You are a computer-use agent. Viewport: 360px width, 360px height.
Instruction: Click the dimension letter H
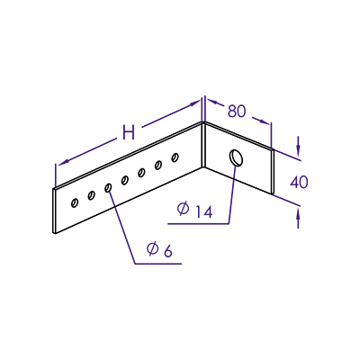[129, 132]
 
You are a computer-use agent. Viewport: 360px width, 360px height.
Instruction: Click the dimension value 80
[237, 112]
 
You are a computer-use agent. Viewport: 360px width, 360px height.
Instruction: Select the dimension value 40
[299, 183]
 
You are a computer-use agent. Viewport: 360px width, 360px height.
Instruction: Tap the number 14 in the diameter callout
[204, 211]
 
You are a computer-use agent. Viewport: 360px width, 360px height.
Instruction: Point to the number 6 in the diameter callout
[168, 251]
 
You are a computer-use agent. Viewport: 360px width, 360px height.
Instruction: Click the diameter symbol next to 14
[183, 209]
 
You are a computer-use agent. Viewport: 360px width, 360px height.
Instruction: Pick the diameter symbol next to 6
[152, 248]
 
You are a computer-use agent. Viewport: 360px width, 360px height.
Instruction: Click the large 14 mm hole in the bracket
[237, 157]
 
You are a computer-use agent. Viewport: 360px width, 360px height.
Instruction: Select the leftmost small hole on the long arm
[74, 202]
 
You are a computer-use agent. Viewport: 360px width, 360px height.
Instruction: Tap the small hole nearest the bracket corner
[175, 157]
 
